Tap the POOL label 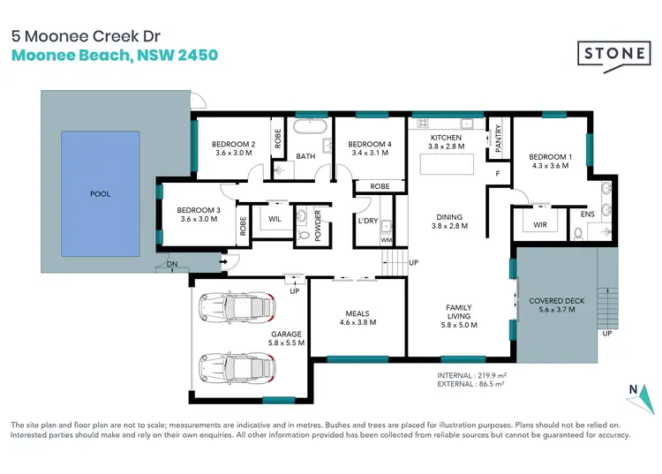point(101,193)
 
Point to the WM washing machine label point(386,239)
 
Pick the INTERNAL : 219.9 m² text point(470,375)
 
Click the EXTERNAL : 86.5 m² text point(470,385)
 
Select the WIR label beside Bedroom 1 point(540,225)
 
